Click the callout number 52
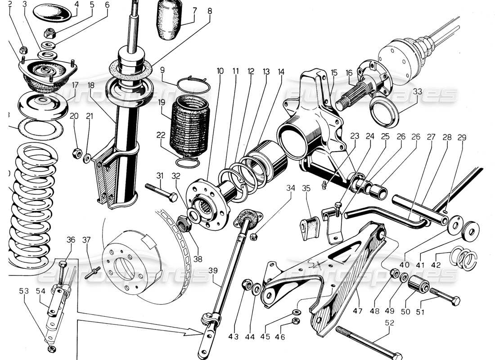[389, 323]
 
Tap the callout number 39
[214, 270]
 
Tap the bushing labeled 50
[418, 285]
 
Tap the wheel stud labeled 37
[95, 271]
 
